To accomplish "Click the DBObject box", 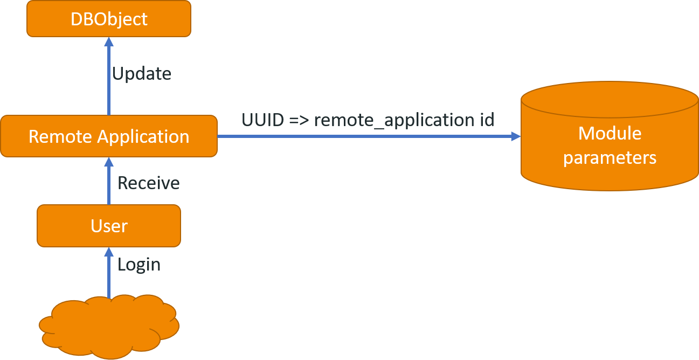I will (x=109, y=19).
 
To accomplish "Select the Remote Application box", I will (x=109, y=136).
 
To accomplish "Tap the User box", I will (x=109, y=226).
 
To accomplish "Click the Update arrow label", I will (x=142, y=74).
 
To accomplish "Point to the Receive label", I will (x=149, y=183).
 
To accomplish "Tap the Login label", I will (x=139, y=265).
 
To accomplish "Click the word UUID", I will (x=263, y=120).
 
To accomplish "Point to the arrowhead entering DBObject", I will (x=109, y=41).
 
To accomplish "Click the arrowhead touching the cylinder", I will (x=516, y=136).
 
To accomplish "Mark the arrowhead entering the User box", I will (x=109, y=251).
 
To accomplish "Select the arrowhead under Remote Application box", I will (x=109, y=162).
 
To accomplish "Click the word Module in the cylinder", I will (x=610, y=134).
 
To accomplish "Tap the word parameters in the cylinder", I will (x=610, y=158).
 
